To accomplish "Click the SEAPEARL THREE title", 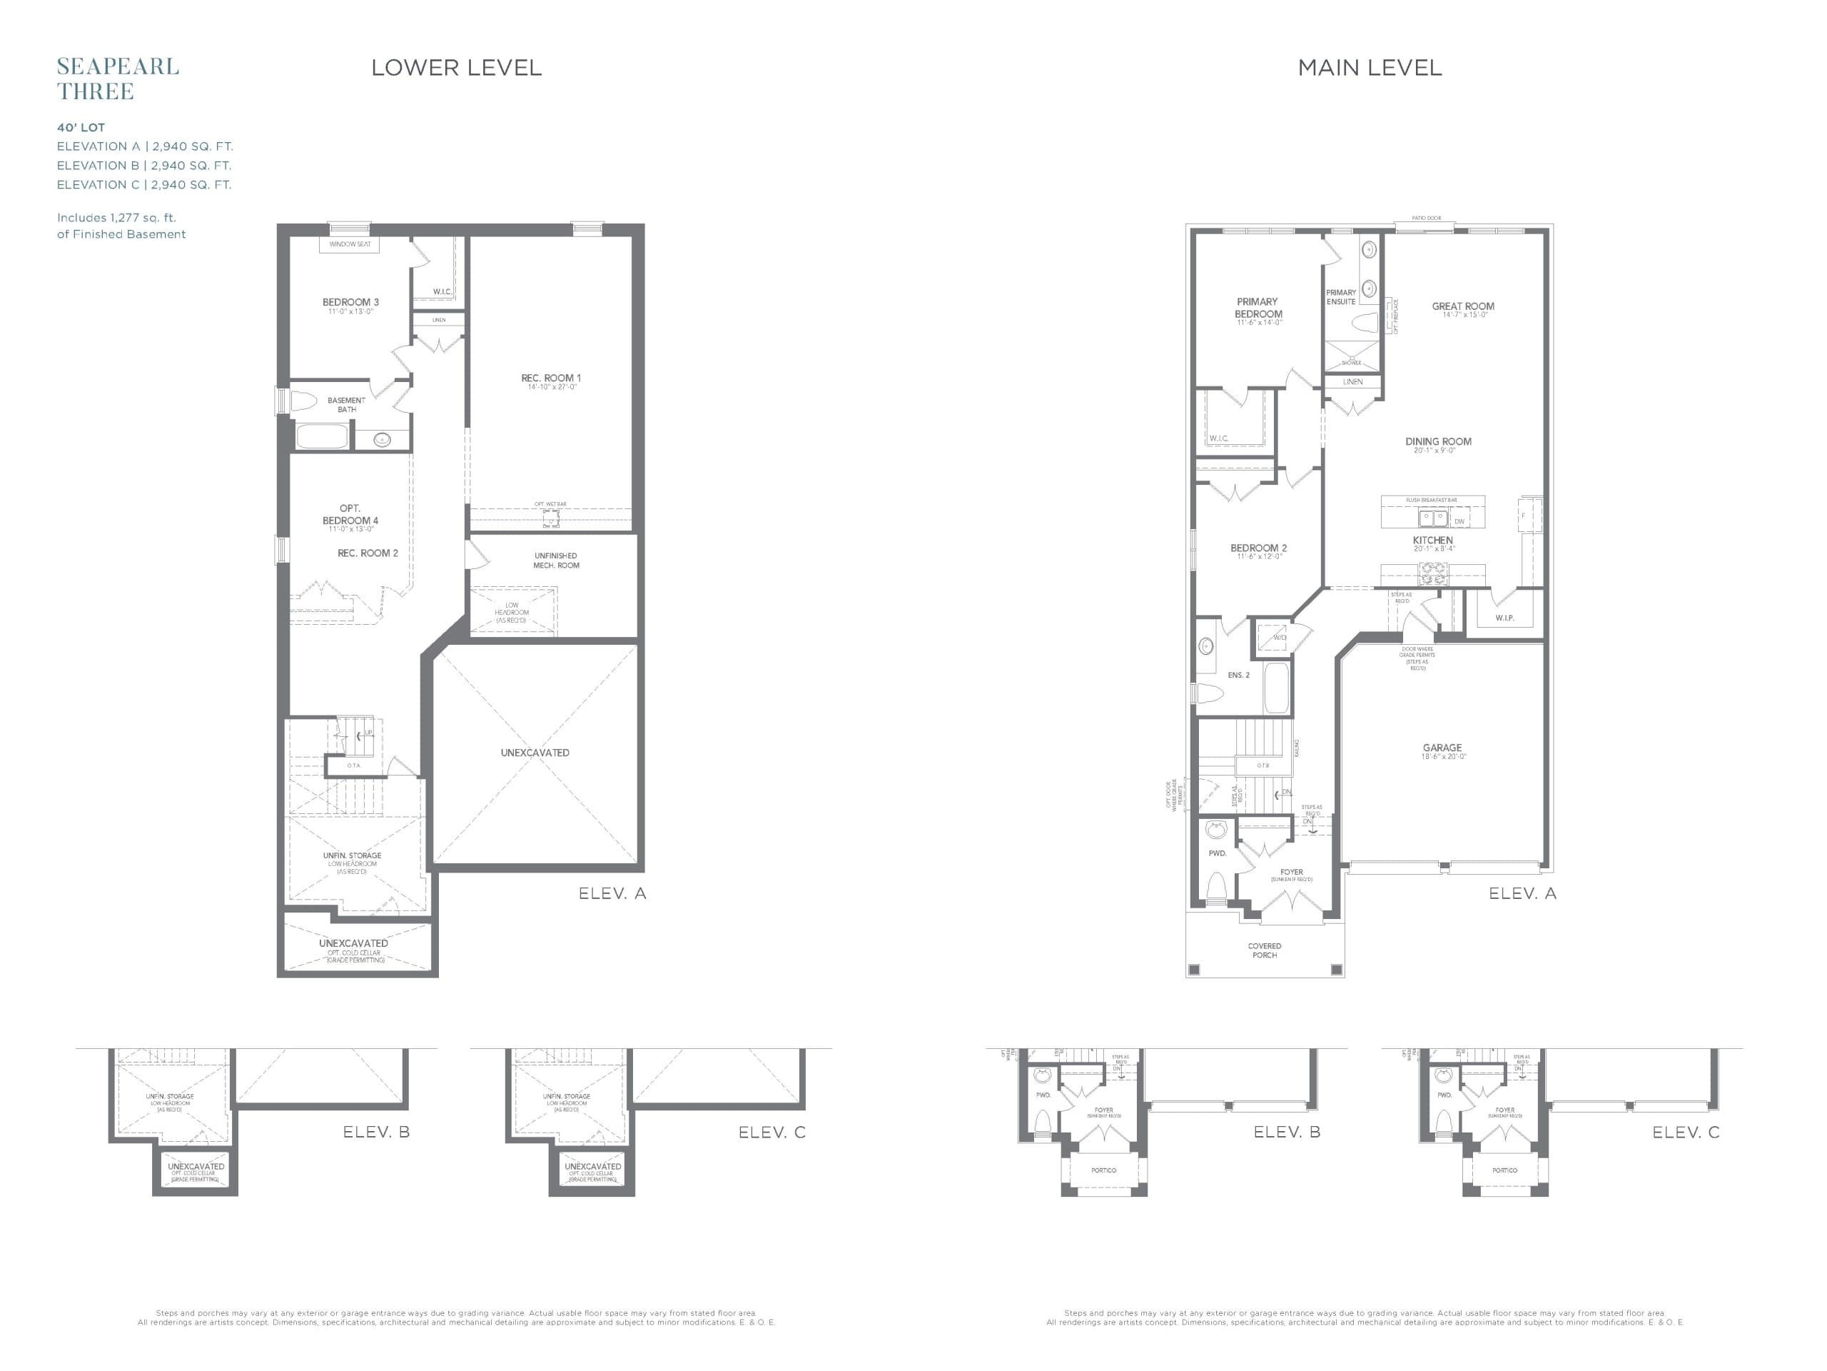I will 117,79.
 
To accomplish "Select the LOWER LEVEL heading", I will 456,68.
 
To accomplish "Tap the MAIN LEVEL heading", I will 1370,68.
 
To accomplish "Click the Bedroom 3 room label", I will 350,303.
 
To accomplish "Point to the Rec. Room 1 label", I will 551,378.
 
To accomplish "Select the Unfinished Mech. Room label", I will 556,561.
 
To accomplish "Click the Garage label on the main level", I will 1442,748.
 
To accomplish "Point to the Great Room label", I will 1463,306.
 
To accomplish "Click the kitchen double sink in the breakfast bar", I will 1432,519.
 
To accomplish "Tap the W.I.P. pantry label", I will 1504,618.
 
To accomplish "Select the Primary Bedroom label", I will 1258,308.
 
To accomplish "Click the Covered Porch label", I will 1265,950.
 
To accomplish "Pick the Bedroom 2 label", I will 1258,548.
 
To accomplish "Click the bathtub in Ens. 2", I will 1276,688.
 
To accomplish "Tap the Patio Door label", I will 1426,219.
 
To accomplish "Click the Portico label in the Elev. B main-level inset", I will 1103,1170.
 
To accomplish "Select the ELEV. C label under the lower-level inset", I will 771,1133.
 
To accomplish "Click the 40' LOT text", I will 81,128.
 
